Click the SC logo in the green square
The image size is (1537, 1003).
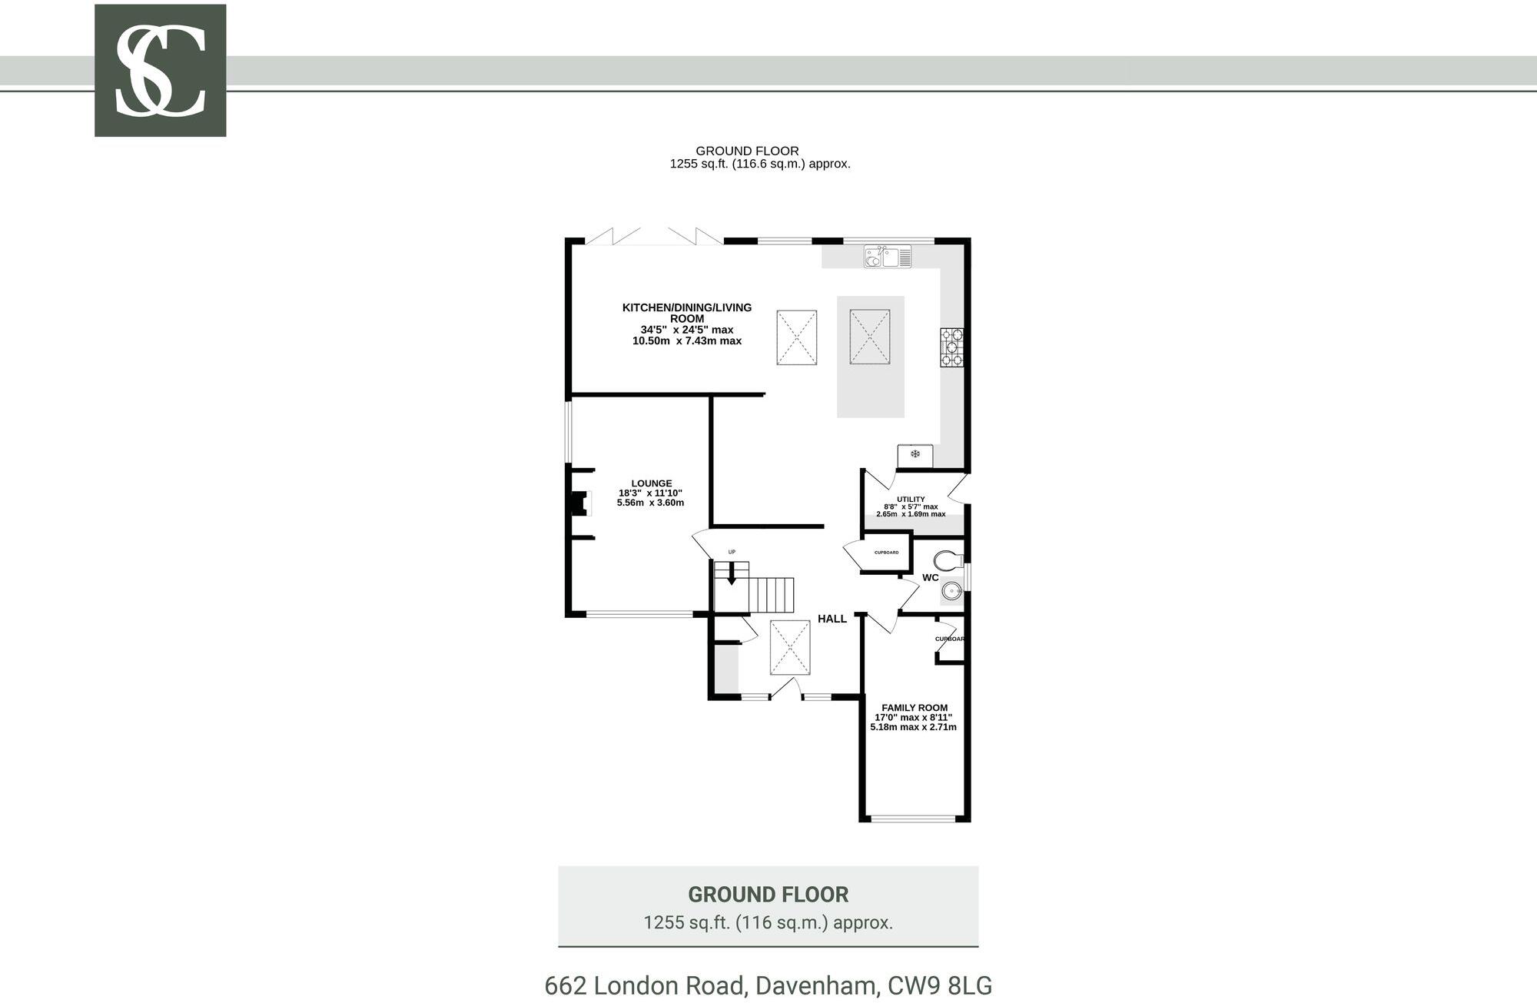(160, 71)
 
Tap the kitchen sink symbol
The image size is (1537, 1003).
(887, 256)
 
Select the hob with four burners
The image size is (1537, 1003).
(951, 347)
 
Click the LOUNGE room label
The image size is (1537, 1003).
(651, 483)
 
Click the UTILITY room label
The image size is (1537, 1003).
(911, 500)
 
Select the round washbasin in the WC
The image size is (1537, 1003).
(951, 590)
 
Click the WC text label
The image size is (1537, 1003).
(930, 577)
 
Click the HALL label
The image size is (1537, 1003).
(832, 619)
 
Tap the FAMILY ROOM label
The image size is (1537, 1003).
(914, 708)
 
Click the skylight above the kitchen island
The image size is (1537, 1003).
(869, 337)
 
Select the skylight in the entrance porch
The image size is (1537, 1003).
(790, 648)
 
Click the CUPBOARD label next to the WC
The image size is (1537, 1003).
(886, 553)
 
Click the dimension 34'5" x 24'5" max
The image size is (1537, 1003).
(686, 330)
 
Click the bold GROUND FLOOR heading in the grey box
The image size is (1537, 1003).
(768, 895)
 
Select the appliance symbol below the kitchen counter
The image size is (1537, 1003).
(915, 455)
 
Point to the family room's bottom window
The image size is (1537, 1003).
(914, 818)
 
